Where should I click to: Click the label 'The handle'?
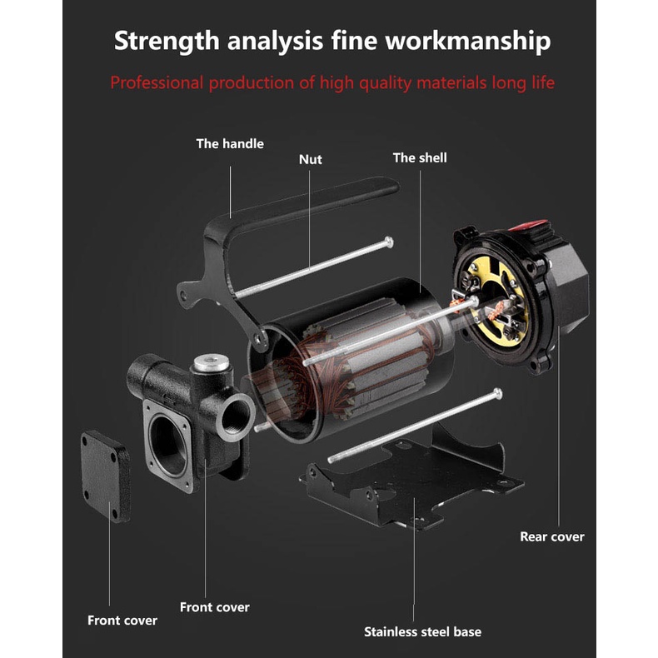pos(230,144)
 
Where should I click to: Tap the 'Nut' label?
pos(311,159)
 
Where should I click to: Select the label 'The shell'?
pos(420,157)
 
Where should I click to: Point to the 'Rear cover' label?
pos(552,536)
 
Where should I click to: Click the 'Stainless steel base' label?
pos(422,632)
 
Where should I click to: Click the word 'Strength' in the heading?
pos(167,41)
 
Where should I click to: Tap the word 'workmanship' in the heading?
pos(468,41)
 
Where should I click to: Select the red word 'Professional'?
pos(157,82)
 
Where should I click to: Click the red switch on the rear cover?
pos(530,226)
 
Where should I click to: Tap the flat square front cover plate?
pos(105,476)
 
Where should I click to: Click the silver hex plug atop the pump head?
pos(211,363)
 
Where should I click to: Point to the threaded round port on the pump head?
pos(236,417)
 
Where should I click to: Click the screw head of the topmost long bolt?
pos(389,242)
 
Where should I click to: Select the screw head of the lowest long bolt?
pos(498,394)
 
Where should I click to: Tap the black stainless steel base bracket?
pos(411,482)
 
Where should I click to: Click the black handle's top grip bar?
pos(312,201)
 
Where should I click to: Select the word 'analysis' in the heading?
pos(276,41)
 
